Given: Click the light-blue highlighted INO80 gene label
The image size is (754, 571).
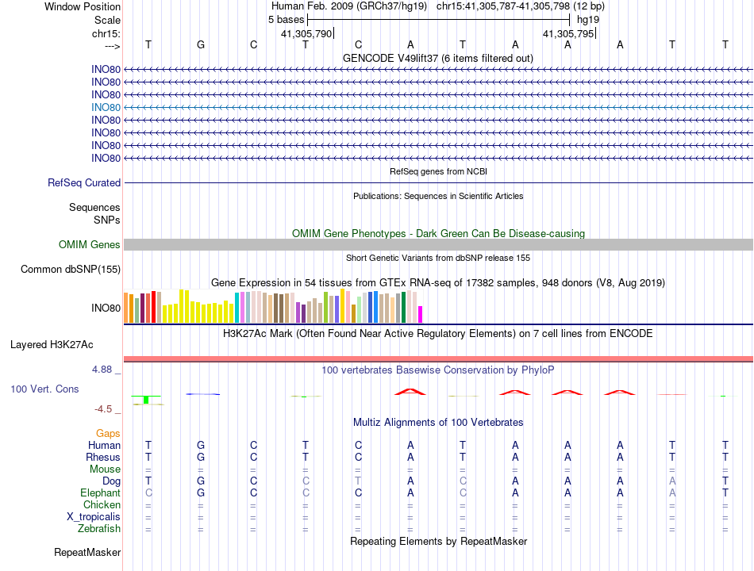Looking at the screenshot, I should pos(106,107).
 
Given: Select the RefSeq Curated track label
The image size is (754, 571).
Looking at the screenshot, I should pos(84,183).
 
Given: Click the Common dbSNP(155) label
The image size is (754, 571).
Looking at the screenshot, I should pos(71,270).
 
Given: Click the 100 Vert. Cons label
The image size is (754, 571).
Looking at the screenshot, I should pos(44,389).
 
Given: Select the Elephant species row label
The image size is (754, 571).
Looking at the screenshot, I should pos(100,493).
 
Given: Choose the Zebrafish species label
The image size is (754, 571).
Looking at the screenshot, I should pos(99,529).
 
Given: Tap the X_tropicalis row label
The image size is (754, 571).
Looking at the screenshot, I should pos(94,517).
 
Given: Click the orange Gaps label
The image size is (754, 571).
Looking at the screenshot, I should pos(108,434).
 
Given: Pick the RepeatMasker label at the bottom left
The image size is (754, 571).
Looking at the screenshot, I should pos(87,552).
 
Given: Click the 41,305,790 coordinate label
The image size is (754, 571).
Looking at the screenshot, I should pos(306,34).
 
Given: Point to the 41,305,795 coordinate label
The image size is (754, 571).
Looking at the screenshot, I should pos(568,34).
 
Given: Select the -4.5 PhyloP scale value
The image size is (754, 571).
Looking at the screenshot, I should pos(106,409).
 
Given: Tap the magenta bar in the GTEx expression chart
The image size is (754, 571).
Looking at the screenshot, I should pos(421,315).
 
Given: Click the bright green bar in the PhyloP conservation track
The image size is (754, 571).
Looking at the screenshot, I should pos(147,400).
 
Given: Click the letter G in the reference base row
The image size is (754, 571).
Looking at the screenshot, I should pos(201,44).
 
